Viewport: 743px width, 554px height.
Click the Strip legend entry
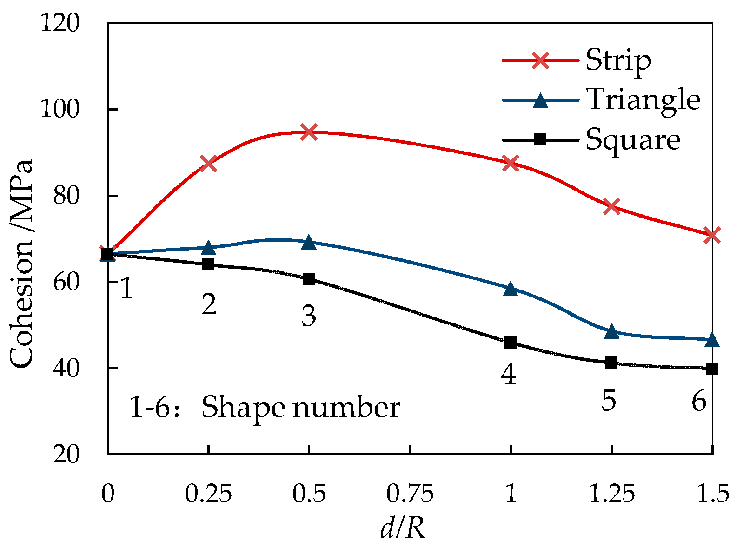(618, 60)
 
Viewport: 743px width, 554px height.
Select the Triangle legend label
(643, 99)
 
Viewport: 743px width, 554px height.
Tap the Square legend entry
(633, 139)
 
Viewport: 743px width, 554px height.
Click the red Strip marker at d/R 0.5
(309, 132)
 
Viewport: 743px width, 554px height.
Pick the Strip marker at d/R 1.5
(712, 235)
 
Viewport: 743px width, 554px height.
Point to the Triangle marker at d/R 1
(511, 289)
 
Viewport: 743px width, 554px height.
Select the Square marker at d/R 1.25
(611, 363)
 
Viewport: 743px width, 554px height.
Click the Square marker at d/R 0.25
(208, 264)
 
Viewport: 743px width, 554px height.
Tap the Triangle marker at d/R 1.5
(712, 340)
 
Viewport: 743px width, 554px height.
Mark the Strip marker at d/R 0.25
(208, 164)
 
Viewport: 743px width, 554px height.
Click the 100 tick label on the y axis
(59, 110)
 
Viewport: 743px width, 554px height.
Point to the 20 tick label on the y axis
(66, 454)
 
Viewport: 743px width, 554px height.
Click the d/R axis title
(403, 529)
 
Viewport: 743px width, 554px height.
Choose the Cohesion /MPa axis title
(21, 264)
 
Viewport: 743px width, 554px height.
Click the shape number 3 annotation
(309, 316)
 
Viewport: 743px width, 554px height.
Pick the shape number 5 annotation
(608, 400)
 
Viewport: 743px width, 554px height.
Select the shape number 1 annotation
(126, 289)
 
